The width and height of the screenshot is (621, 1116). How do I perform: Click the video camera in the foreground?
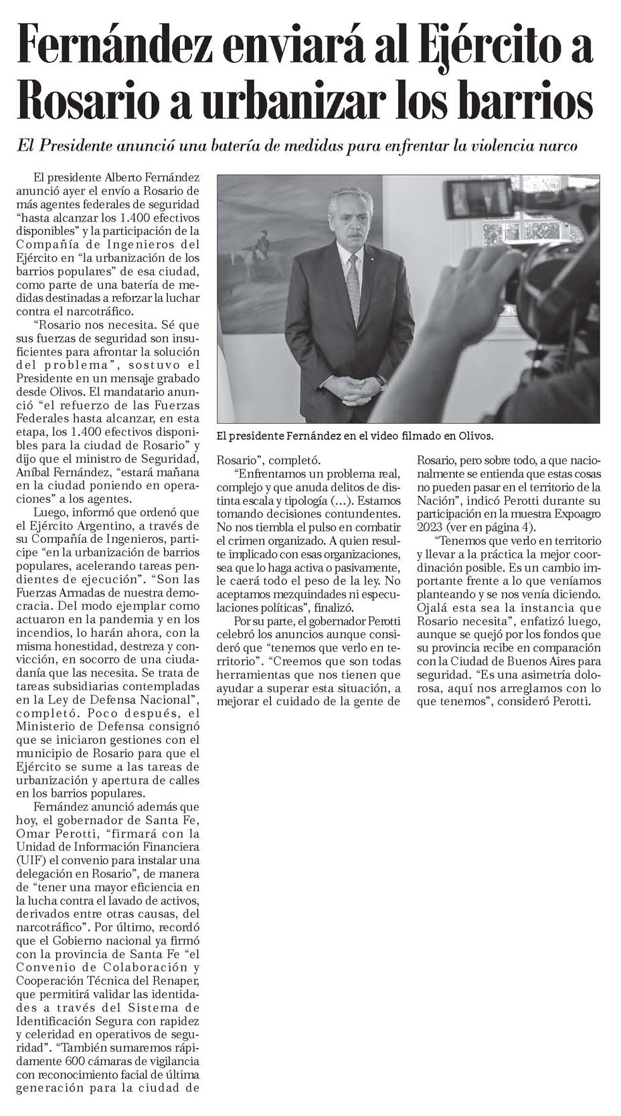click(x=509, y=248)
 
